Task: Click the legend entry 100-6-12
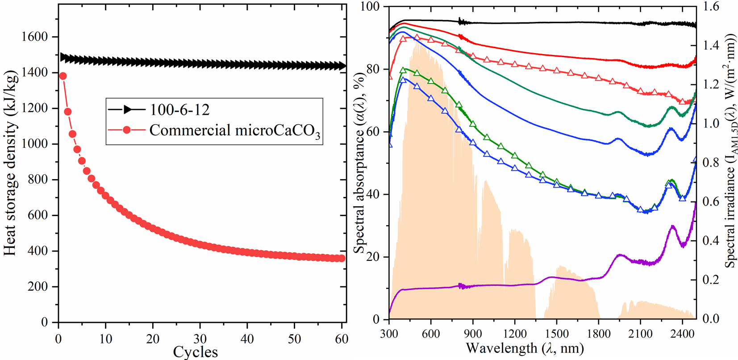[x=179, y=110]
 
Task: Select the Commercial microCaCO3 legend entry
[x=234, y=130]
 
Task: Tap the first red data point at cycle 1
[x=63, y=76]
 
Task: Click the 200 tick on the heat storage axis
[x=38, y=287]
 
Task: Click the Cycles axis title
[x=196, y=352]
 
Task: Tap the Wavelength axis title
[x=525, y=348]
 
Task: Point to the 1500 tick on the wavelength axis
[x=557, y=334]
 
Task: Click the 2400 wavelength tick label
[x=682, y=334]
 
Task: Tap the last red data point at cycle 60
[x=342, y=258]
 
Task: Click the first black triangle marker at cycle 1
[x=63, y=57]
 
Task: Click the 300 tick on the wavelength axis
[x=389, y=334]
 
